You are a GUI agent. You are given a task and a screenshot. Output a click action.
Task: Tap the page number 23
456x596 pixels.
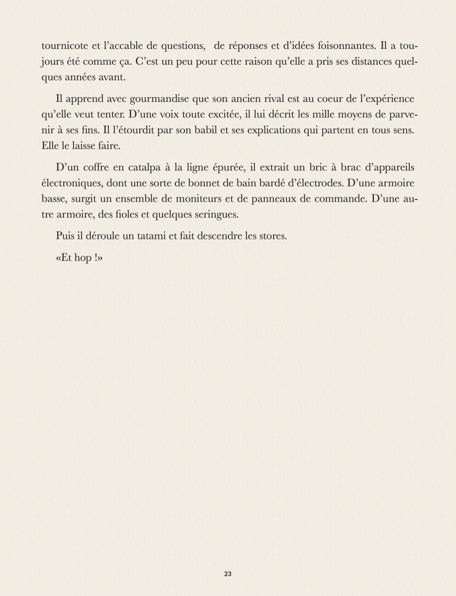click(228, 573)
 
